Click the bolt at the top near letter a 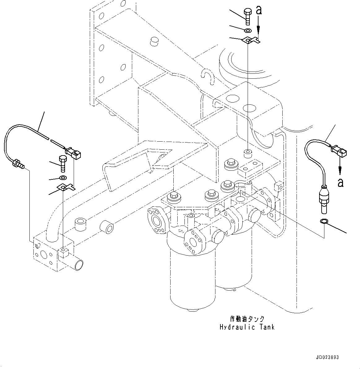click(248, 16)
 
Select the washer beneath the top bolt click(248, 30)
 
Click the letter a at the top click(259, 11)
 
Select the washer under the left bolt click(63, 178)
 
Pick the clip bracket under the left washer click(66, 187)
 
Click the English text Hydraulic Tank click(247, 327)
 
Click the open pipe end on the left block click(77, 264)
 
